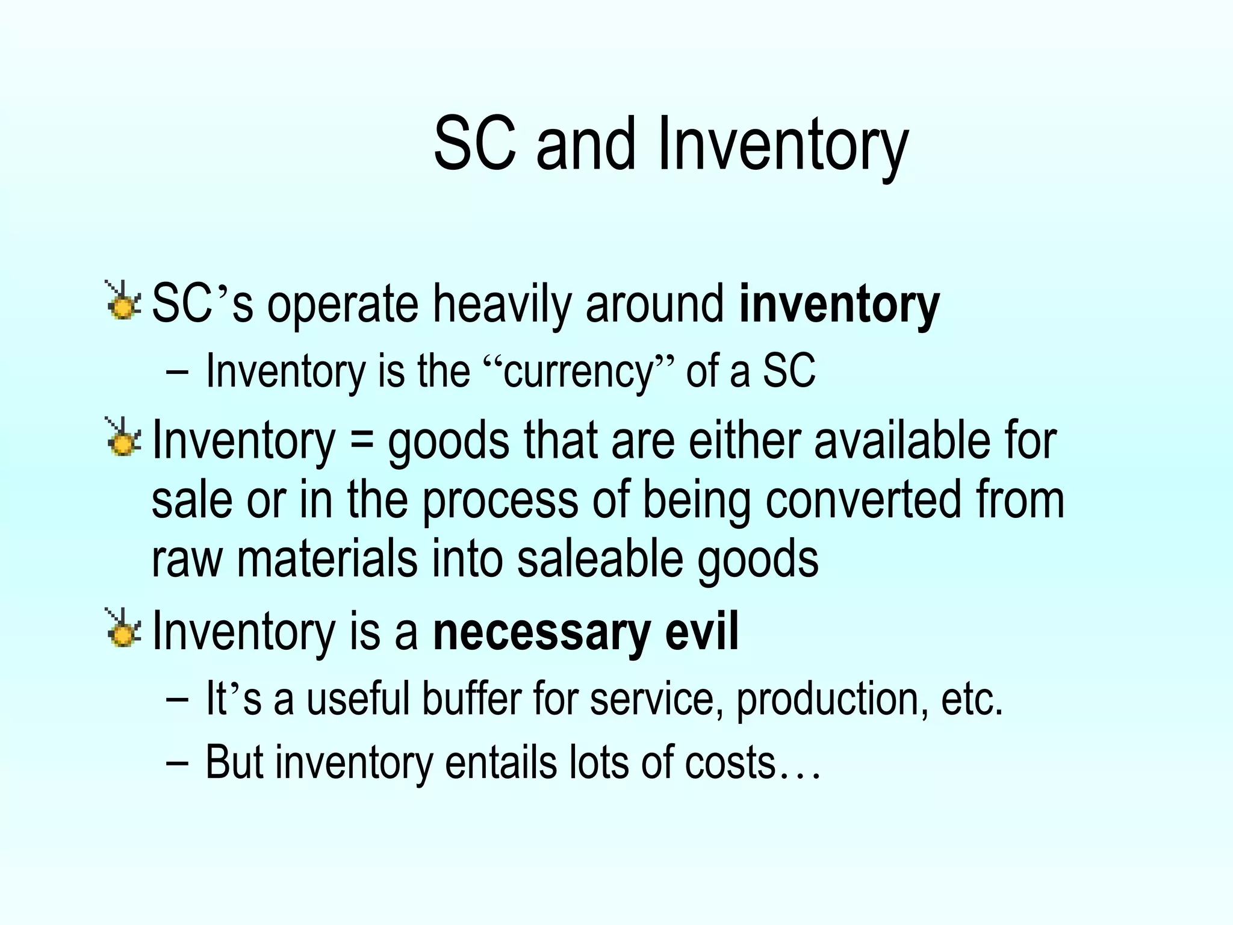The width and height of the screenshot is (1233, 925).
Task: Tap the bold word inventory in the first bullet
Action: [839, 305]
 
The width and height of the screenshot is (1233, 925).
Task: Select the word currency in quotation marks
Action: [579, 371]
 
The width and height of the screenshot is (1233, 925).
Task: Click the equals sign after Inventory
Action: [361, 441]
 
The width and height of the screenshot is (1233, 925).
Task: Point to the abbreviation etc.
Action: [972, 699]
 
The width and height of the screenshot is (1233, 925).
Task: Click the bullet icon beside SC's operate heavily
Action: [123, 301]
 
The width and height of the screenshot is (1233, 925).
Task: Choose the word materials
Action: [328, 559]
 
